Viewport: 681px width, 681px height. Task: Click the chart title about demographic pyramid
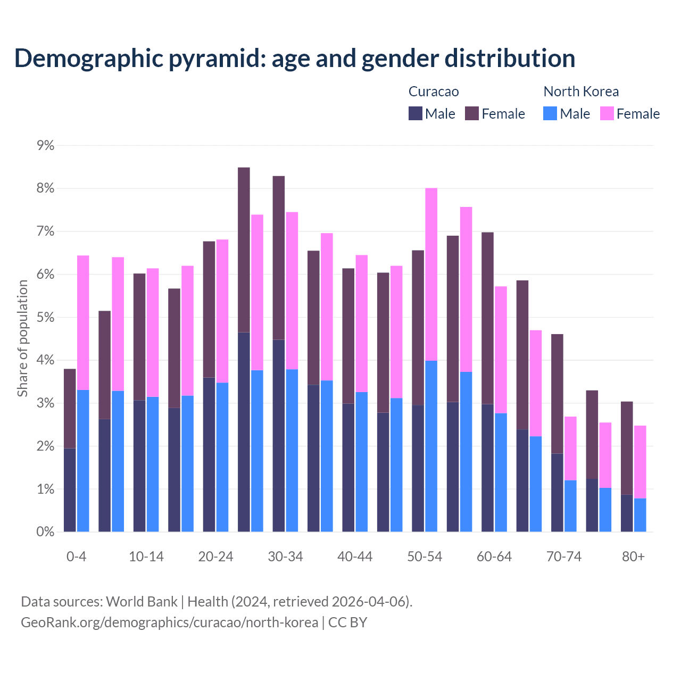tap(294, 58)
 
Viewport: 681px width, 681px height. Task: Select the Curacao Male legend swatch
tap(415, 114)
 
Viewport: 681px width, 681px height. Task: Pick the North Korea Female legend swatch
tap(607, 114)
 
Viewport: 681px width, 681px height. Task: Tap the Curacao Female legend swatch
tap(472, 114)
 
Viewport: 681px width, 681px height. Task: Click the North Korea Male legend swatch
tap(550, 114)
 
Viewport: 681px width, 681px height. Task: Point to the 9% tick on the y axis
tap(45, 146)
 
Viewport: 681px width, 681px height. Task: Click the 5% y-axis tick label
tap(45, 318)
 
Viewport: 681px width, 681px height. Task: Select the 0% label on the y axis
tap(45, 532)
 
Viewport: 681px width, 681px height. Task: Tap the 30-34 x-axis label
tap(285, 557)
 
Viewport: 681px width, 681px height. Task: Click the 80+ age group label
tap(633, 557)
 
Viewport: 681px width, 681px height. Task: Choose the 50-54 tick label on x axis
tap(425, 557)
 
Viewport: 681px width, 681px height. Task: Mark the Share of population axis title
tap(22, 338)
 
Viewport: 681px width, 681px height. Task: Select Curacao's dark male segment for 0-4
tap(70, 490)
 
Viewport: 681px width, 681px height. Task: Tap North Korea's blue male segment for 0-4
tap(83, 461)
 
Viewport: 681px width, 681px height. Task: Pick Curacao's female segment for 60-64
tap(487, 318)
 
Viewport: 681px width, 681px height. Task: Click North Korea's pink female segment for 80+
tap(640, 462)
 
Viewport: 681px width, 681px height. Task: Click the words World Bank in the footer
tap(142, 602)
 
